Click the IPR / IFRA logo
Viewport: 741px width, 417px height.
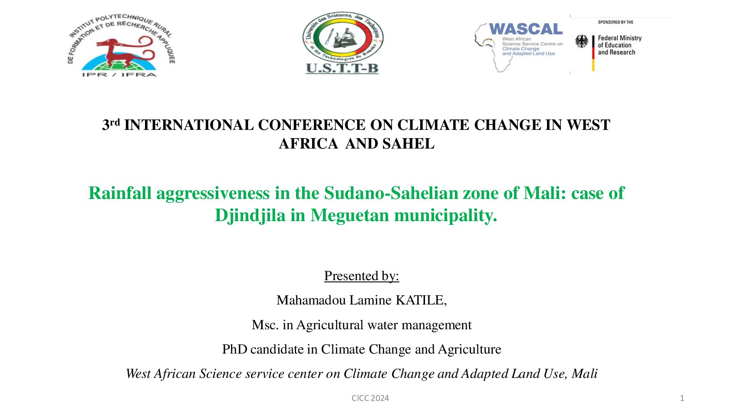click(121, 46)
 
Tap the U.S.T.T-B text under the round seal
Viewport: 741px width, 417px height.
click(343, 68)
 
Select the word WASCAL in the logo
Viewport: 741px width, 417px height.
click(526, 29)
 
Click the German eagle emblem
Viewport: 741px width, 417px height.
click(582, 41)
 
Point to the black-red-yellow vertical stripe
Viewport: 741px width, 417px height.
click(593, 53)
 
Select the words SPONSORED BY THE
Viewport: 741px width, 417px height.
click(616, 22)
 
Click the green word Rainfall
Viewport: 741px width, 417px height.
click(120, 193)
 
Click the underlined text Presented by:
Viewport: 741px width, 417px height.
click(362, 276)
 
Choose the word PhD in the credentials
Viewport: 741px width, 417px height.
click(234, 350)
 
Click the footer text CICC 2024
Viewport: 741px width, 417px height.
click(370, 398)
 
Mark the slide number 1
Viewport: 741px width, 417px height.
click(682, 398)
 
